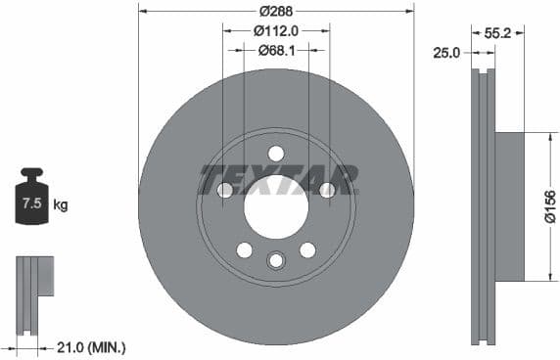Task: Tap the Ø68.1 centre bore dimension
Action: click(277, 49)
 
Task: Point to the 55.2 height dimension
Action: click(497, 32)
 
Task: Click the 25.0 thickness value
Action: click(446, 53)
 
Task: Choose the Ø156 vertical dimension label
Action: click(550, 207)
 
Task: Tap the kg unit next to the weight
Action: click(61, 204)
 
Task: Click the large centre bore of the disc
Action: click(276, 207)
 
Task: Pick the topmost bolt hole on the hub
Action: click(276, 153)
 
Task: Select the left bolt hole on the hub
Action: click(225, 190)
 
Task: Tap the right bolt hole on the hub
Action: click(327, 190)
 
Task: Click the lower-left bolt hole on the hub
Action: click(245, 250)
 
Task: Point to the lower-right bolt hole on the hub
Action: click(307, 250)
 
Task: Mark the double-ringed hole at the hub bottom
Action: click(276, 260)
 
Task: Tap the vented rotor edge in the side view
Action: click(483, 207)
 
